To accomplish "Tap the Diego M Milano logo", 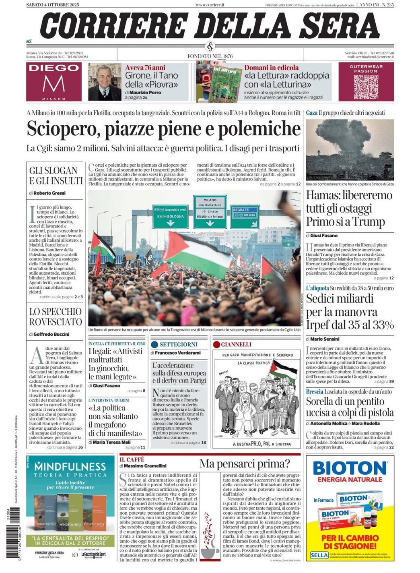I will click(54, 82).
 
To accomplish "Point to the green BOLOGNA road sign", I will click(170, 216).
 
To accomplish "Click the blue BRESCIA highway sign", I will click(245, 213).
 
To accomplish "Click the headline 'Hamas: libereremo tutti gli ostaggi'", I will click(349, 209).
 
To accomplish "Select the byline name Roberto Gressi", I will click(49, 193).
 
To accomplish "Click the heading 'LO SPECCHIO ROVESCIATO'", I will click(56, 316).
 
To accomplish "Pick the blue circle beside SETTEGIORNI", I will click(154, 345).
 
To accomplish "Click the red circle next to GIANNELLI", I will click(216, 345).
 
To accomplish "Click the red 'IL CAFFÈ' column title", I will click(132, 459).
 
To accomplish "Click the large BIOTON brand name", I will click(349, 468).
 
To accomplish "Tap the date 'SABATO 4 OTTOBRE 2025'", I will click(52, 5).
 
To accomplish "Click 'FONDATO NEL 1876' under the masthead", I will click(210, 56).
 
